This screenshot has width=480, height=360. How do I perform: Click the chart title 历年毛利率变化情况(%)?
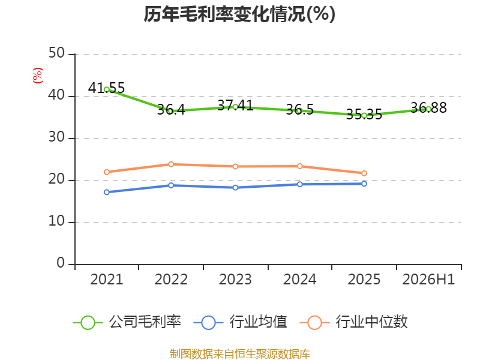(239, 14)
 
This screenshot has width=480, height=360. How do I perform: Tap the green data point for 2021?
(107, 89)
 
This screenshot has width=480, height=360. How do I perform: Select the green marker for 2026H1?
(428, 109)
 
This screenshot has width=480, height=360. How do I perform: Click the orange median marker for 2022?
(171, 164)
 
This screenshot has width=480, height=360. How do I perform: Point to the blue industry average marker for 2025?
(364, 184)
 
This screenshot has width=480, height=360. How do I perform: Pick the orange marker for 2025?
(364, 173)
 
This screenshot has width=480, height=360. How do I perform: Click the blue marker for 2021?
(107, 192)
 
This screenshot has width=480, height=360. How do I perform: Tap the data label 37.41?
(235, 106)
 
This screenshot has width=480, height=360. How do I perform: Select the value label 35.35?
(364, 115)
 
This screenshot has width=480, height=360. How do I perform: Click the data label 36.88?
(428, 108)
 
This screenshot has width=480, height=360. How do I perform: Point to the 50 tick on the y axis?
(56, 53)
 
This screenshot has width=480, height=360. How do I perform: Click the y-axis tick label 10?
(56, 221)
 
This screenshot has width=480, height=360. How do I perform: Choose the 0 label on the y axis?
(61, 263)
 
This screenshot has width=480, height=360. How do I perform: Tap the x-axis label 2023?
(235, 280)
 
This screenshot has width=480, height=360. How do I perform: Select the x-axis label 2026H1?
(428, 280)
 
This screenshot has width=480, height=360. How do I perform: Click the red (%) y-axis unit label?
(38, 76)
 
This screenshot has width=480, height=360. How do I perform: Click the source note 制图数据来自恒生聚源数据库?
(239, 354)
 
